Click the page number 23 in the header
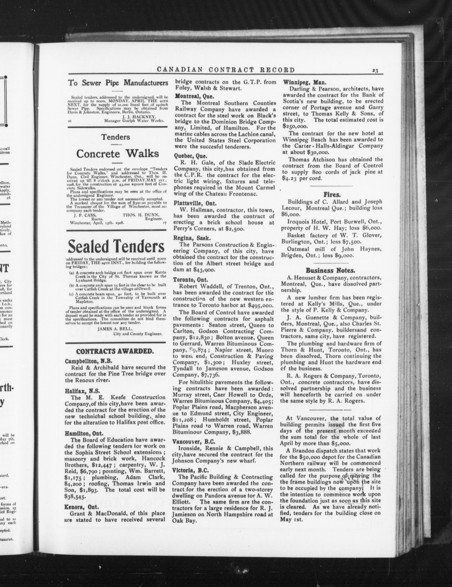click(375, 71)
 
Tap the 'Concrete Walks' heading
click(117, 154)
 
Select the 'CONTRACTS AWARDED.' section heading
click(115, 352)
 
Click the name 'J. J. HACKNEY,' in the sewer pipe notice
click(139, 117)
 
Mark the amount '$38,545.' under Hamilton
click(76, 497)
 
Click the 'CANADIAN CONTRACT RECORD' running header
click(226, 70)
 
